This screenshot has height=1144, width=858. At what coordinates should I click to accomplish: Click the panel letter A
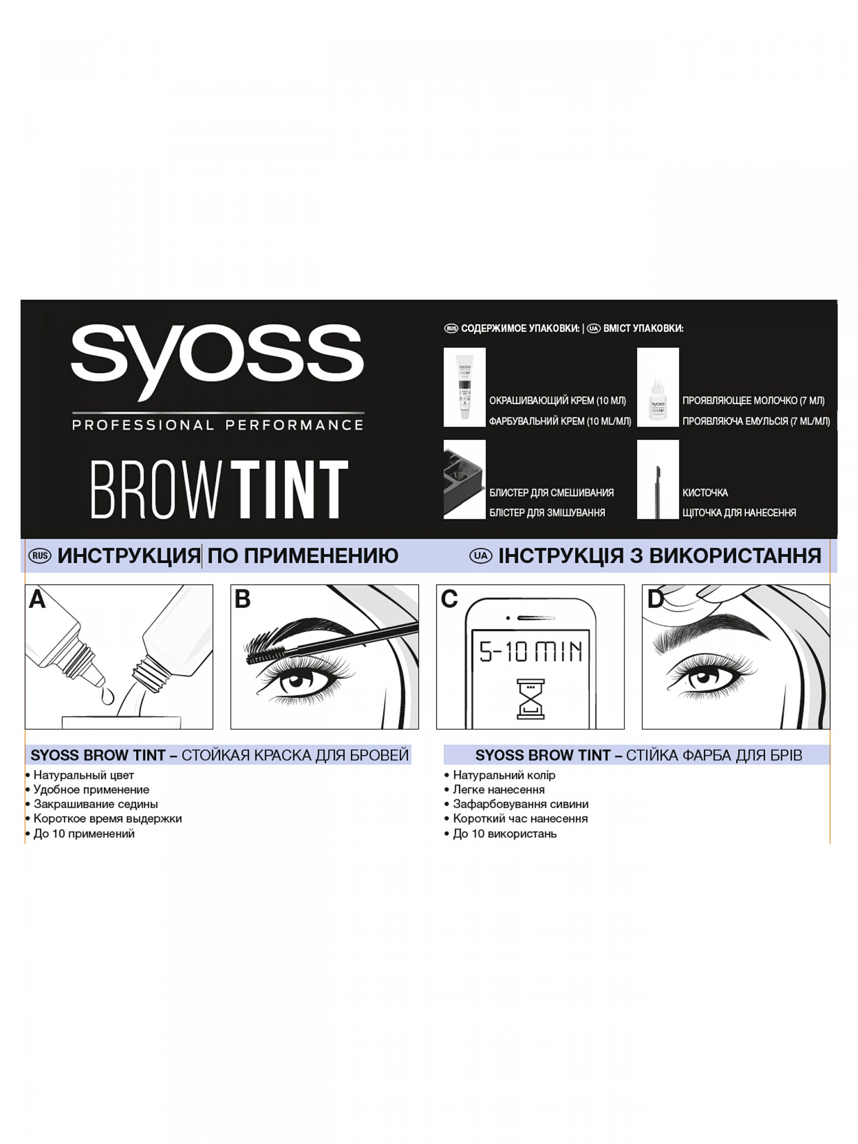(x=37, y=600)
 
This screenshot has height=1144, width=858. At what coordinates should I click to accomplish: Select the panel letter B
(x=242, y=600)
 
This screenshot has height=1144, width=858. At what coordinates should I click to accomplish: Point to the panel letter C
(x=449, y=600)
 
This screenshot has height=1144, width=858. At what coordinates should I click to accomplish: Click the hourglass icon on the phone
(x=530, y=699)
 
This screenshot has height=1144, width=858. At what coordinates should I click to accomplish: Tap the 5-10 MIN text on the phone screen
(x=530, y=652)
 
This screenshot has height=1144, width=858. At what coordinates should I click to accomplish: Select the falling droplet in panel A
(x=108, y=696)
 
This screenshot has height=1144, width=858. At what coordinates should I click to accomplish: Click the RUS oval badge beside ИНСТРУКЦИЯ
(x=39, y=556)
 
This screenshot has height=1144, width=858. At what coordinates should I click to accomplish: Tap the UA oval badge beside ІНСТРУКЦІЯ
(x=480, y=556)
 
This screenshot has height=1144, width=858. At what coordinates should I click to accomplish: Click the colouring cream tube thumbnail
(x=464, y=387)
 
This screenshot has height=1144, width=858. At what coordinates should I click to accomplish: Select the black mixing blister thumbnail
(x=464, y=480)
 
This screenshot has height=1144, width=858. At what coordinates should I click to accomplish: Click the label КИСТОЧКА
(x=705, y=493)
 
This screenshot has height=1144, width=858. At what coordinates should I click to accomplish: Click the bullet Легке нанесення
(x=494, y=790)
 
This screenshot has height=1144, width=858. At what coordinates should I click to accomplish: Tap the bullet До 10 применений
(x=80, y=834)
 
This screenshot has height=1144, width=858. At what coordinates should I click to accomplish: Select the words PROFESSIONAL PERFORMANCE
(x=218, y=425)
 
